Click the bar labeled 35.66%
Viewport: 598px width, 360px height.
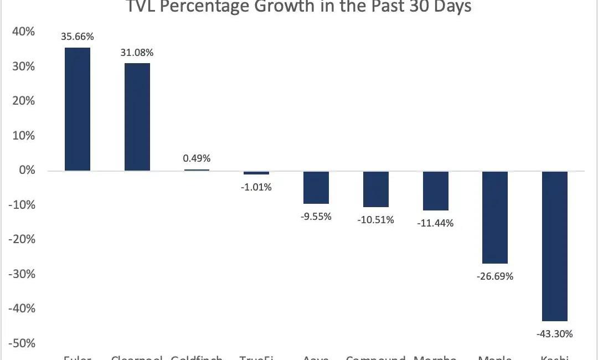78,109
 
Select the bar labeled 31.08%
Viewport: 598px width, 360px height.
137,117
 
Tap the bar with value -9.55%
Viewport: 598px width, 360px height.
316,187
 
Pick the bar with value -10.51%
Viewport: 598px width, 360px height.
376,189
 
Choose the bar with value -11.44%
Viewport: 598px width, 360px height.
436,191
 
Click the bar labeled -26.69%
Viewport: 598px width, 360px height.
495,217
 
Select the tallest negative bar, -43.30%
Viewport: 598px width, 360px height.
555,246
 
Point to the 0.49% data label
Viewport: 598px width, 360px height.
197,158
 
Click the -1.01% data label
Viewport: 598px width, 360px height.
256,187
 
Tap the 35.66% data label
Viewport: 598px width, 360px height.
78,37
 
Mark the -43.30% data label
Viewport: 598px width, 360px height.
555,334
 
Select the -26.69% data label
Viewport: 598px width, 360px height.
495,276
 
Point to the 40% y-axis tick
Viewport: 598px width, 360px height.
24,32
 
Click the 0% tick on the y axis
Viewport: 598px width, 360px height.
27,171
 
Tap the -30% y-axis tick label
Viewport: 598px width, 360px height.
22,274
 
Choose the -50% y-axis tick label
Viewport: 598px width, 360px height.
22,343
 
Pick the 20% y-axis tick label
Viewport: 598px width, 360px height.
24,101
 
